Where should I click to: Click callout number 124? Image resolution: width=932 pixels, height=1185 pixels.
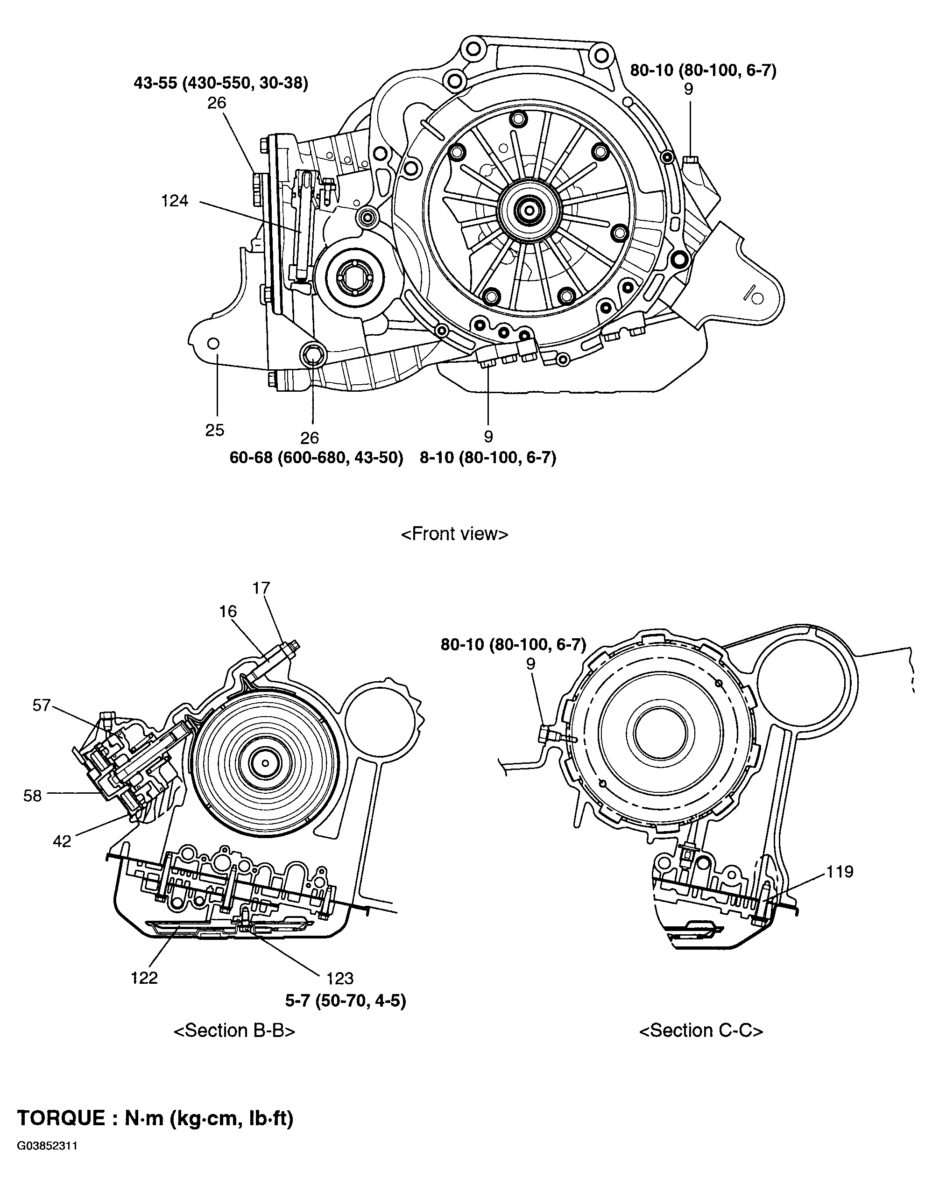tap(175, 201)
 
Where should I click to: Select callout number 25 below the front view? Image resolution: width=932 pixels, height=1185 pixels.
tap(215, 430)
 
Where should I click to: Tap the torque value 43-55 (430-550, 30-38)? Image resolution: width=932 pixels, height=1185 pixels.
tap(221, 83)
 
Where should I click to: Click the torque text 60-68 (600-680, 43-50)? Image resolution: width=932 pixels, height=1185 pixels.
tap(316, 458)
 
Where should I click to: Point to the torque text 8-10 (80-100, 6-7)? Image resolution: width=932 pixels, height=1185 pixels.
tap(488, 458)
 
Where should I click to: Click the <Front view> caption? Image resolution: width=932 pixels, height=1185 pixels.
tap(454, 534)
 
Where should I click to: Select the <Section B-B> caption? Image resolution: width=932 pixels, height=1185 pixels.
tap(235, 1030)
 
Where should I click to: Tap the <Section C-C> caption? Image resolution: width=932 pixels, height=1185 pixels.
tap(701, 1030)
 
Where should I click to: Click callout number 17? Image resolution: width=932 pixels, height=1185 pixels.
tap(261, 588)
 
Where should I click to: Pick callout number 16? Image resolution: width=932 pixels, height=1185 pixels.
tap(228, 612)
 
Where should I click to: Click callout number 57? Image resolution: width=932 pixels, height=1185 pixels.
tap(42, 705)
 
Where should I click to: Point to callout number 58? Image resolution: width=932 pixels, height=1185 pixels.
tap(32, 796)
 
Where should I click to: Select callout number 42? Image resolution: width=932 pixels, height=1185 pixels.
tap(62, 841)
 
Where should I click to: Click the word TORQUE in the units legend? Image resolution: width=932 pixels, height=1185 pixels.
tap(61, 1118)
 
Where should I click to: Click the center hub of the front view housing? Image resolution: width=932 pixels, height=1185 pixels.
tap(530, 209)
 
